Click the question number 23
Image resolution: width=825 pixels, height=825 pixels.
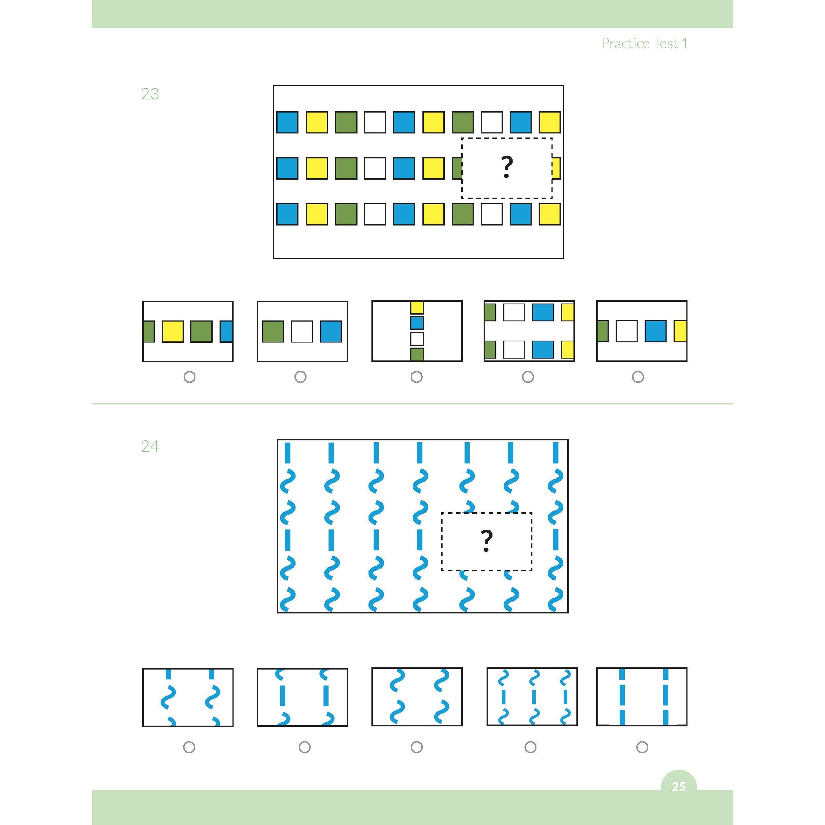click(x=150, y=94)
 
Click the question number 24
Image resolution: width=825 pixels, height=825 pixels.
click(x=150, y=446)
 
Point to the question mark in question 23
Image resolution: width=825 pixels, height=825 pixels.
click(x=506, y=168)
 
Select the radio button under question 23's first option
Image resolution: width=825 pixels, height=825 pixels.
click(x=189, y=377)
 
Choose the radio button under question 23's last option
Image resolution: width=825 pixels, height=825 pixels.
click(x=638, y=377)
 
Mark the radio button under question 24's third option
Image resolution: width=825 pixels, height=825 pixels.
click(x=416, y=747)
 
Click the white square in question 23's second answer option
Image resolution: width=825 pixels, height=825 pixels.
click(x=301, y=331)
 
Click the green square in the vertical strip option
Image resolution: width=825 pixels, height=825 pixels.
click(x=417, y=355)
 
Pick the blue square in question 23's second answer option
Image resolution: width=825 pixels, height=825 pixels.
click(x=330, y=331)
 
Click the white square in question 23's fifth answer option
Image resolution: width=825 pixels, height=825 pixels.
click(x=626, y=331)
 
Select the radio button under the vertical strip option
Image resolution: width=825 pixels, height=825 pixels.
click(x=416, y=377)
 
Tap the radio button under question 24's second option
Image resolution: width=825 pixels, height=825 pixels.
click(x=304, y=747)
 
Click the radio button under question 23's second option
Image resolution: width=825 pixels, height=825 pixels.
click(x=300, y=377)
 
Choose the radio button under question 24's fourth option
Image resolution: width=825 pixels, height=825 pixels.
click(x=530, y=747)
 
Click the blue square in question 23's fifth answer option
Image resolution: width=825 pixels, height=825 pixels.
click(x=656, y=331)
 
